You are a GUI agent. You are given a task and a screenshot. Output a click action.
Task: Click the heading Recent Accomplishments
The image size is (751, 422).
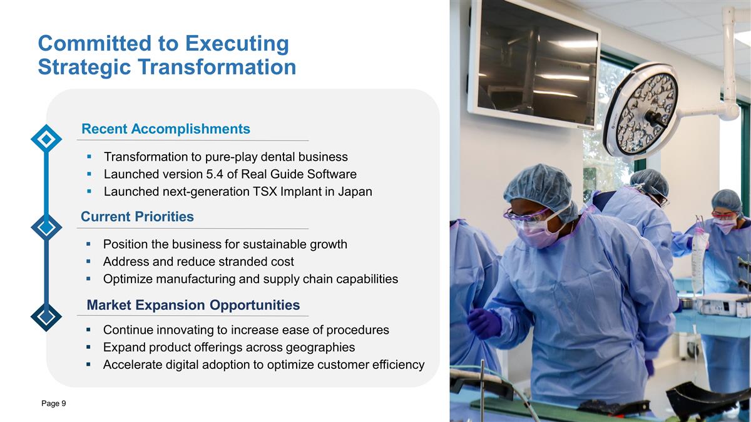point(166,129)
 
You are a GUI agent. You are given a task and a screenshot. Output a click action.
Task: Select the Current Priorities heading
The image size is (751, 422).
point(137,217)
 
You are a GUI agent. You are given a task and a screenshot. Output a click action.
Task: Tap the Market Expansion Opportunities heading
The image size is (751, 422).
point(193,305)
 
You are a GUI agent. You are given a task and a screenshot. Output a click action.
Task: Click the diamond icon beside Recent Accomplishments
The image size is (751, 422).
point(46,139)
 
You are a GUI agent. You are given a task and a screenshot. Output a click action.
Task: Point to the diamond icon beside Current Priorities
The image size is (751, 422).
point(46,228)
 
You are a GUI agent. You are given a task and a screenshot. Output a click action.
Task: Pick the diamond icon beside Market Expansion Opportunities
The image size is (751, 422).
point(46,317)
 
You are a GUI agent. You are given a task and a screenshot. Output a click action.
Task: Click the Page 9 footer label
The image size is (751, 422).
point(54,404)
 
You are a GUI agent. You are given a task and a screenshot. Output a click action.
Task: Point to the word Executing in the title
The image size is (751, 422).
point(237,44)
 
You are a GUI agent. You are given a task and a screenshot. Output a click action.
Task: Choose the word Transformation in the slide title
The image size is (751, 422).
point(217,67)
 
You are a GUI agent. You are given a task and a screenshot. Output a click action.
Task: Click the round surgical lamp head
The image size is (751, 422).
point(641,111)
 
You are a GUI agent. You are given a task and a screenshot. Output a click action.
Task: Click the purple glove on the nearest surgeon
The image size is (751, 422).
point(484,323)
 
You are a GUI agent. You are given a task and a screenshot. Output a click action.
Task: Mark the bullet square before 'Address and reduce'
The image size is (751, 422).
point(88,261)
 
